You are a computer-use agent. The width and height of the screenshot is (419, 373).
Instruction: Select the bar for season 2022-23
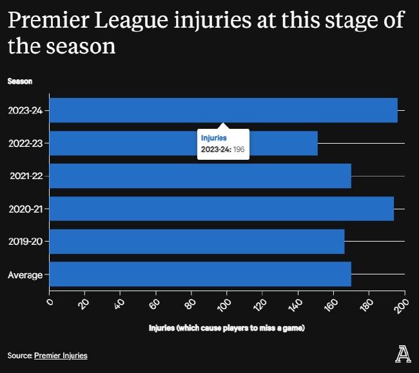tap(129, 143)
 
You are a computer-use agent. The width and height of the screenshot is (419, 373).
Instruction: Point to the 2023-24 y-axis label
tap(25, 110)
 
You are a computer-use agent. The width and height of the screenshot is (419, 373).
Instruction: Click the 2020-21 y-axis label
tap(25, 209)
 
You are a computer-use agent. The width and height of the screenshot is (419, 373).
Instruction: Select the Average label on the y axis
tap(25, 275)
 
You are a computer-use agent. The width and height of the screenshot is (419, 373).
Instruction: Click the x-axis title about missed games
tap(226, 329)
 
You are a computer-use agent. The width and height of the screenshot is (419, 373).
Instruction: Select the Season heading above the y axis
tap(20, 81)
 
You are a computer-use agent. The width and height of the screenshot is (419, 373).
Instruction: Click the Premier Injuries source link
tap(61, 356)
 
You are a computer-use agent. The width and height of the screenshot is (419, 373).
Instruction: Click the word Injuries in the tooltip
tap(214, 138)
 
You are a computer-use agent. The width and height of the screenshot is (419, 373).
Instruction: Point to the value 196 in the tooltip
tap(239, 149)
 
